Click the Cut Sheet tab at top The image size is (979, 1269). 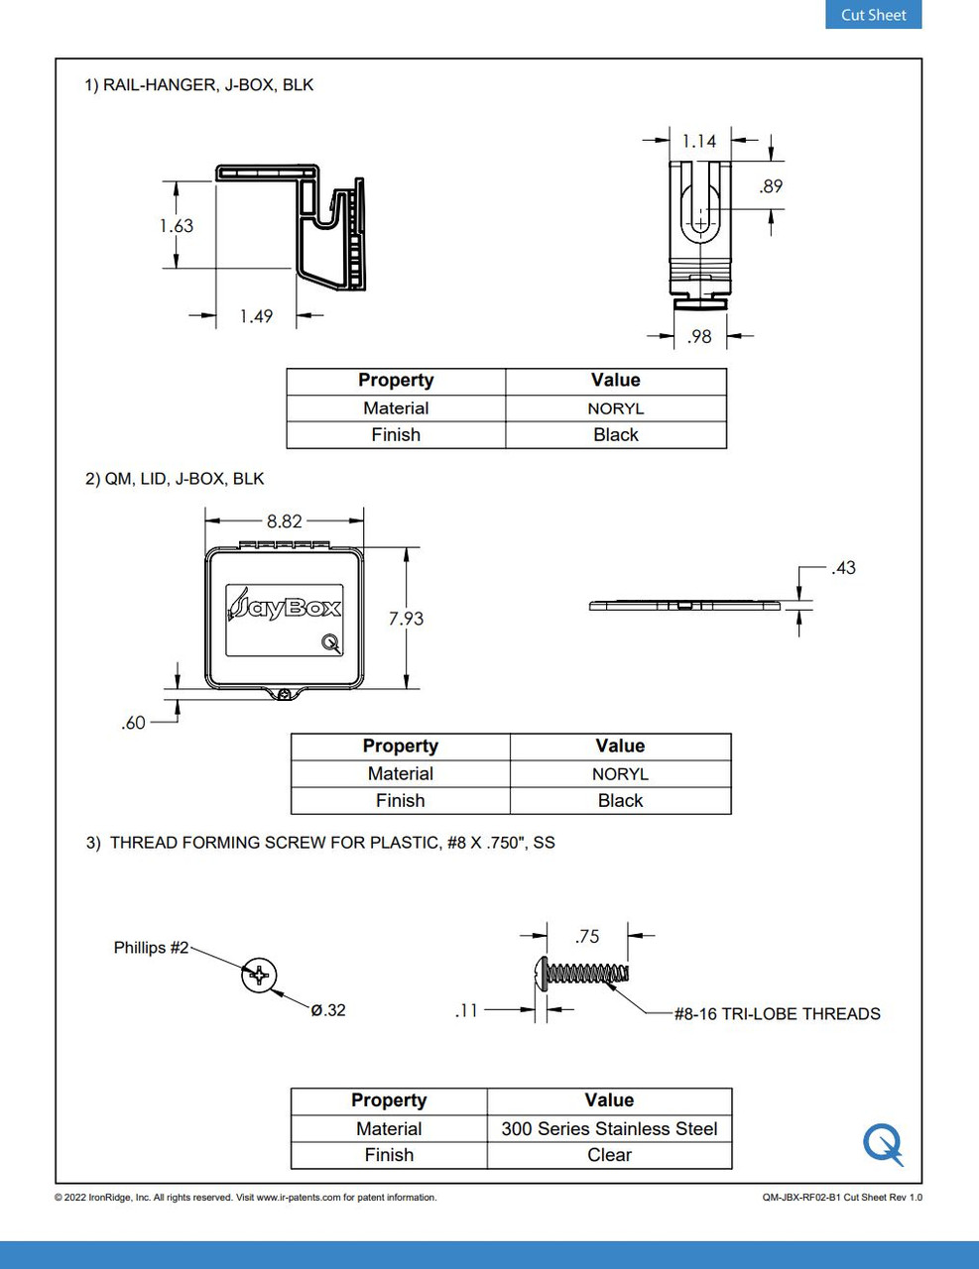873,15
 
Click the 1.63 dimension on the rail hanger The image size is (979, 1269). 177,226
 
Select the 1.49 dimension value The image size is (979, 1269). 256,316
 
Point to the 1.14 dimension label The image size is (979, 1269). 699,141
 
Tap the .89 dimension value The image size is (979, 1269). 771,186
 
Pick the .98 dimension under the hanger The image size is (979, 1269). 699,337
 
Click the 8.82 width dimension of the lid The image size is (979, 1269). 284,520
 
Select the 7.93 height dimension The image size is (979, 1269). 406,619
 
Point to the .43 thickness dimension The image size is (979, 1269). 843,568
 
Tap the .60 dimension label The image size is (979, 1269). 134,723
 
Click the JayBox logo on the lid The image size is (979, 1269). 284,606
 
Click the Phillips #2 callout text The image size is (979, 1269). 151,948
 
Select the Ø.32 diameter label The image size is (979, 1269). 328,1010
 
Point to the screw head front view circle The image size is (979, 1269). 259,976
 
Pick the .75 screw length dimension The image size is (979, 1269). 587,936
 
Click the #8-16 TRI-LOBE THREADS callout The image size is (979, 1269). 777,1014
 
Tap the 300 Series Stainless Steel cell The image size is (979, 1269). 609,1128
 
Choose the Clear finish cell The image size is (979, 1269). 609,1155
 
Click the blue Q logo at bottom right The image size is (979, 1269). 882,1144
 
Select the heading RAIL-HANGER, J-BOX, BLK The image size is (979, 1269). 207,85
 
